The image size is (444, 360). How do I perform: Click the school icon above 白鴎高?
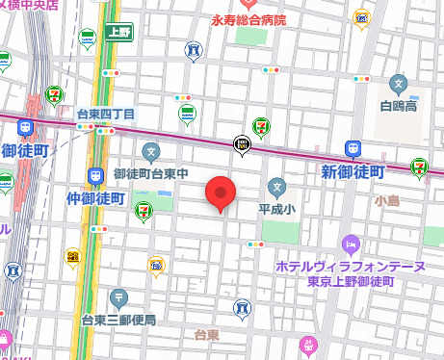pyautogui.click(x=399, y=84)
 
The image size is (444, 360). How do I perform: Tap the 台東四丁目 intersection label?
pyautogui.click(x=106, y=114)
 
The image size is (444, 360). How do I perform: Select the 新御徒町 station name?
pyautogui.click(x=353, y=170)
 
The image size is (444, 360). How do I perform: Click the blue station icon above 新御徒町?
pyautogui.click(x=353, y=149)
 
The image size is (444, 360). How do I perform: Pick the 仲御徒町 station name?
pyautogui.click(x=96, y=198)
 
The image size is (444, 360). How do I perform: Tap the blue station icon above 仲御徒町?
pyautogui.click(x=96, y=176)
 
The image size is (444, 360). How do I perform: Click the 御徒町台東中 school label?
pyautogui.click(x=150, y=173)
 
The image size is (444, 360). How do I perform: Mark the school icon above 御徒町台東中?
pyautogui.click(x=151, y=151)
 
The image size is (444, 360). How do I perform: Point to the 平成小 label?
pyautogui.click(x=277, y=206)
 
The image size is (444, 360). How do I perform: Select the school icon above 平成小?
pyautogui.click(x=277, y=186)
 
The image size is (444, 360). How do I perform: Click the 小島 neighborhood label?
pyautogui.click(x=388, y=200)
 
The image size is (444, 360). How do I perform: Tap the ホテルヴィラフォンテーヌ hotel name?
pyautogui.click(x=351, y=265)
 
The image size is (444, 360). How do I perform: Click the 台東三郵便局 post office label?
pyautogui.click(x=118, y=319)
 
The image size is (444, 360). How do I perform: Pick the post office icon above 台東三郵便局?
pyautogui.click(x=118, y=297)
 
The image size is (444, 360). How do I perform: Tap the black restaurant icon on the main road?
pyautogui.click(x=244, y=145)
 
